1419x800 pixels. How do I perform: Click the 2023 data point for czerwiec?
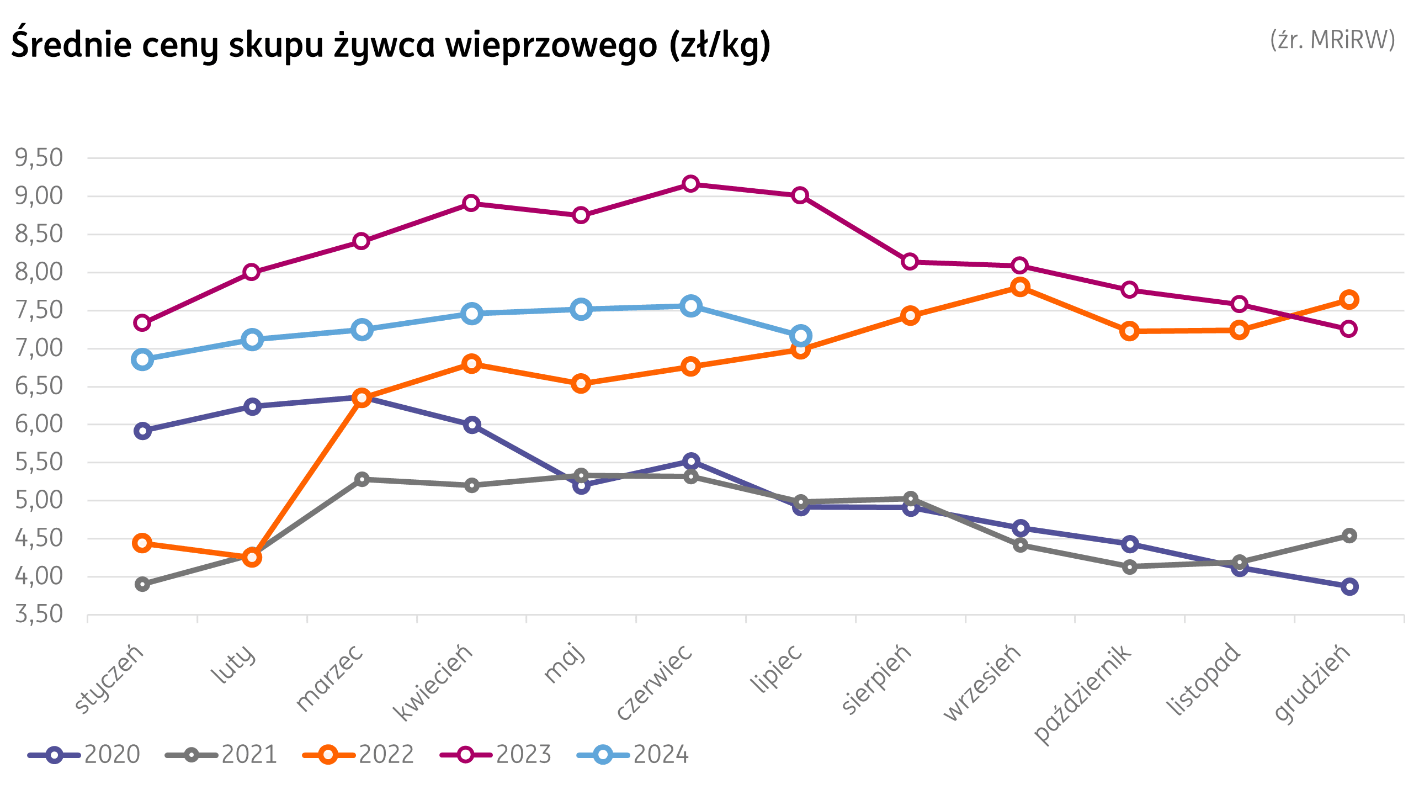pyautogui.click(x=690, y=184)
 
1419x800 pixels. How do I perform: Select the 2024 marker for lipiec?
pyautogui.click(x=800, y=335)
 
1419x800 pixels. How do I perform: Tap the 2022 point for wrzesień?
pyautogui.click(x=1020, y=287)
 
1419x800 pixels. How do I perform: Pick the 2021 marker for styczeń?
pyautogui.click(x=142, y=584)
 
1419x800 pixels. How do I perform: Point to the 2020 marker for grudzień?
pyautogui.click(x=1349, y=586)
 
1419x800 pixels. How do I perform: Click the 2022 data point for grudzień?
pyautogui.click(x=1349, y=299)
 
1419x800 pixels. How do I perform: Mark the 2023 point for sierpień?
pyautogui.click(x=910, y=261)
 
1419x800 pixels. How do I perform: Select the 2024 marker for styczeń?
pyautogui.click(x=142, y=359)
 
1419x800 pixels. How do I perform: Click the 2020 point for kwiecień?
pyautogui.click(x=472, y=425)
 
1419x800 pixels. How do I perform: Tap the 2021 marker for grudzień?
pyautogui.click(x=1349, y=536)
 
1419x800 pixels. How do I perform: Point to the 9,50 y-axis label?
pyautogui.click(x=39, y=158)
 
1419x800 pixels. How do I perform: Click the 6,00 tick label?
pyautogui.click(x=39, y=425)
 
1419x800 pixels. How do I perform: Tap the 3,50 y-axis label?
pyautogui.click(x=39, y=614)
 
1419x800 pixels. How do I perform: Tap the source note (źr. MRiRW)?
pyautogui.click(x=1332, y=40)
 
